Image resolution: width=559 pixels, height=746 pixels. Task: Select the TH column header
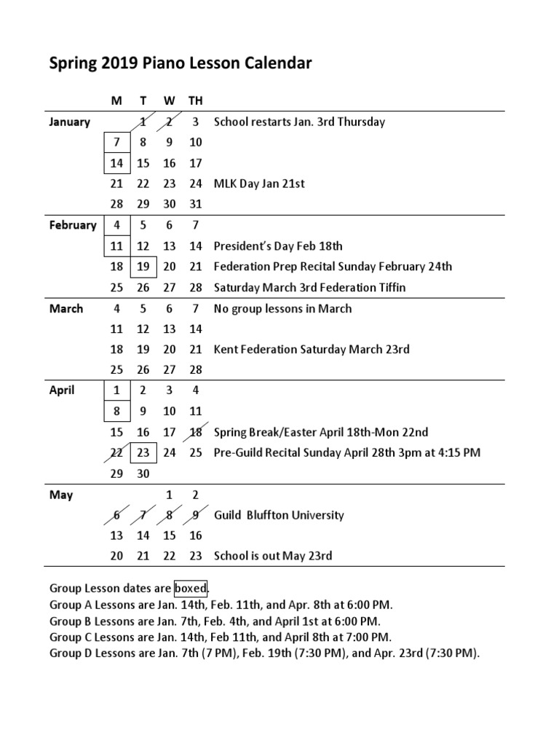195,101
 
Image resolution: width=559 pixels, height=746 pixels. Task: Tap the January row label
69,122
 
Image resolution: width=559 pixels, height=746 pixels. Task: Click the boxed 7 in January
116,143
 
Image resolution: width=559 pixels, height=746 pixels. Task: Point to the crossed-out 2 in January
169,122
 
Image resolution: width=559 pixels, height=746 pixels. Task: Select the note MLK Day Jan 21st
259,184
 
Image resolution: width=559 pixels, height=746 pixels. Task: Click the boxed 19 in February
143,267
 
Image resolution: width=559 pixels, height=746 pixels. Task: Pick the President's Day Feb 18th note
278,246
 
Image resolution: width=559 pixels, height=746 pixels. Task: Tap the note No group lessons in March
282,308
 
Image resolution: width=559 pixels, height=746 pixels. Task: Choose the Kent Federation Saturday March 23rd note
312,350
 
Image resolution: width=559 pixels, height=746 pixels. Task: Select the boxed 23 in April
143,452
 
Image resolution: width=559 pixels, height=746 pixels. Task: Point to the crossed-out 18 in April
195,432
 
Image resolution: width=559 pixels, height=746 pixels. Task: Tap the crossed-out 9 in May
195,515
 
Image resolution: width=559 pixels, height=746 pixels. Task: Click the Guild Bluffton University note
279,515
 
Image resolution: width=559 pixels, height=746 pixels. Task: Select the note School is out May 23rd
273,556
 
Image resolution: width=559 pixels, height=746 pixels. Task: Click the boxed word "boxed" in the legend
191,588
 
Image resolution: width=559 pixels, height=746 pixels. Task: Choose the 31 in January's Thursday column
195,205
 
